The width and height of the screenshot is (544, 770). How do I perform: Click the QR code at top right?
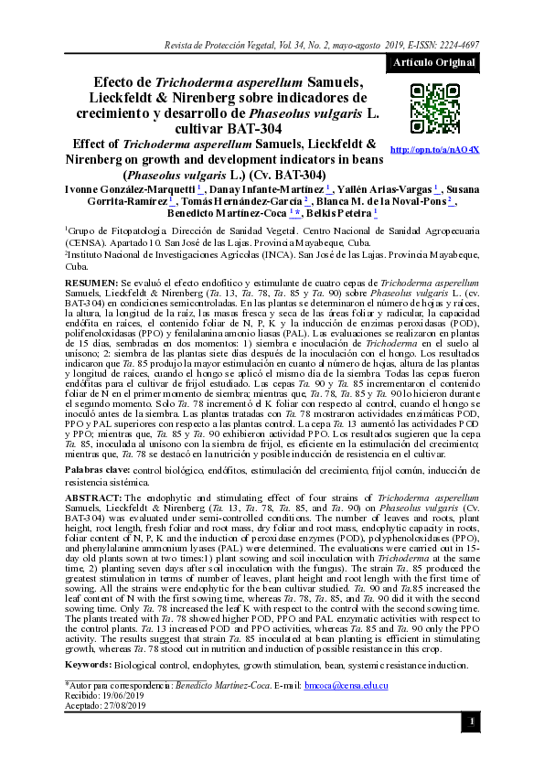tap(433, 109)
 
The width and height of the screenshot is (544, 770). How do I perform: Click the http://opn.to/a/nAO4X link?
tap(434, 149)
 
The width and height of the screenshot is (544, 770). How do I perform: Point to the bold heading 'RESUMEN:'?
tap(91, 285)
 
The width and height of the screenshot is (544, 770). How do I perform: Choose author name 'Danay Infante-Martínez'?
tap(271, 188)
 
